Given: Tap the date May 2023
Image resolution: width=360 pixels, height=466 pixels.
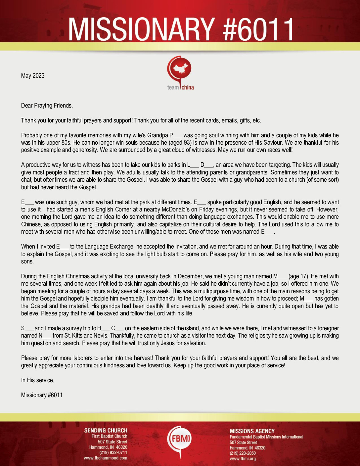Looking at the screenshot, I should (x=33, y=76).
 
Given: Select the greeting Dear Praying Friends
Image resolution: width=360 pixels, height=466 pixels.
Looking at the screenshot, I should (x=47, y=106).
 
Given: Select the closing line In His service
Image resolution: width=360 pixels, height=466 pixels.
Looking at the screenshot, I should (x=37, y=380).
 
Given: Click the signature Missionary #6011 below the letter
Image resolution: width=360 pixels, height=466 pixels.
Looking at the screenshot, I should (x=42, y=395).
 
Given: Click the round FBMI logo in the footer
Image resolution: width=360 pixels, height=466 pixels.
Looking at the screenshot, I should (x=179, y=440).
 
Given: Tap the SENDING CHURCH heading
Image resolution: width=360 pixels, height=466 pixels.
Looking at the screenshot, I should (x=106, y=431).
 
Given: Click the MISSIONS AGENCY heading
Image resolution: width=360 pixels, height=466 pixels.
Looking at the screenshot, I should (x=252, y=431).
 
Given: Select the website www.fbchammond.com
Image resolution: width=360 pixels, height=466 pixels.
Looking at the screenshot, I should (x=106, y=458).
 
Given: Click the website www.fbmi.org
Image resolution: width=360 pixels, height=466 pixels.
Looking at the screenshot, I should (x=243, y=459).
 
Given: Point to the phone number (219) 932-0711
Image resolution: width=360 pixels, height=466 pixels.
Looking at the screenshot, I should (x=113, y=453).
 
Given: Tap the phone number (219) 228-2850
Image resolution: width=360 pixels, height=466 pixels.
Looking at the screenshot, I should (x=243, y=453).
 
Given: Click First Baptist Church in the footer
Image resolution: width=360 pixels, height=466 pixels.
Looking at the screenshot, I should (x=109, y=437).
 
